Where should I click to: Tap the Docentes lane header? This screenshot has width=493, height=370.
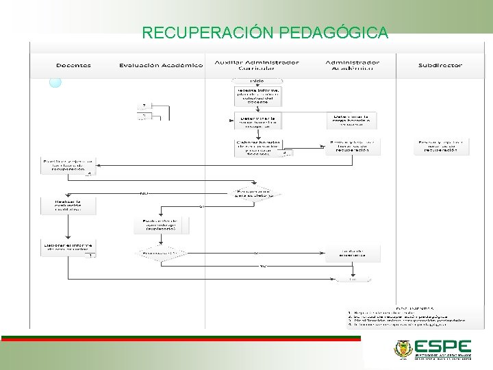(73, 66)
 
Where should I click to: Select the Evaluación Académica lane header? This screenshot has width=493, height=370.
(161, 66)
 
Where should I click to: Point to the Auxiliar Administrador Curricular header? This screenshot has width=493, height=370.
(257, 65)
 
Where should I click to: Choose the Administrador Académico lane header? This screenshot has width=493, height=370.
(352, 65)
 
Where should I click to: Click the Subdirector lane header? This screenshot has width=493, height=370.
(440, 66)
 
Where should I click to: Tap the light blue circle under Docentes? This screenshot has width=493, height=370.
(55, 82)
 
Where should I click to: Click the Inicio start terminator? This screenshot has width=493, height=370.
(257, 81)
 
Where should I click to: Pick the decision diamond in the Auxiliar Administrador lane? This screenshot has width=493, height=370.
(257, 193)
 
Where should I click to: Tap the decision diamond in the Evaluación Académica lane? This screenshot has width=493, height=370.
(161, 254)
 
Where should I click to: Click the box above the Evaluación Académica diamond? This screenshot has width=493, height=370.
(161, 225)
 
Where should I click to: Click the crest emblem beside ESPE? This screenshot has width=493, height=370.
(403, 349)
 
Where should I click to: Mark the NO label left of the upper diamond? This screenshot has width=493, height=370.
(144, 193)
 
